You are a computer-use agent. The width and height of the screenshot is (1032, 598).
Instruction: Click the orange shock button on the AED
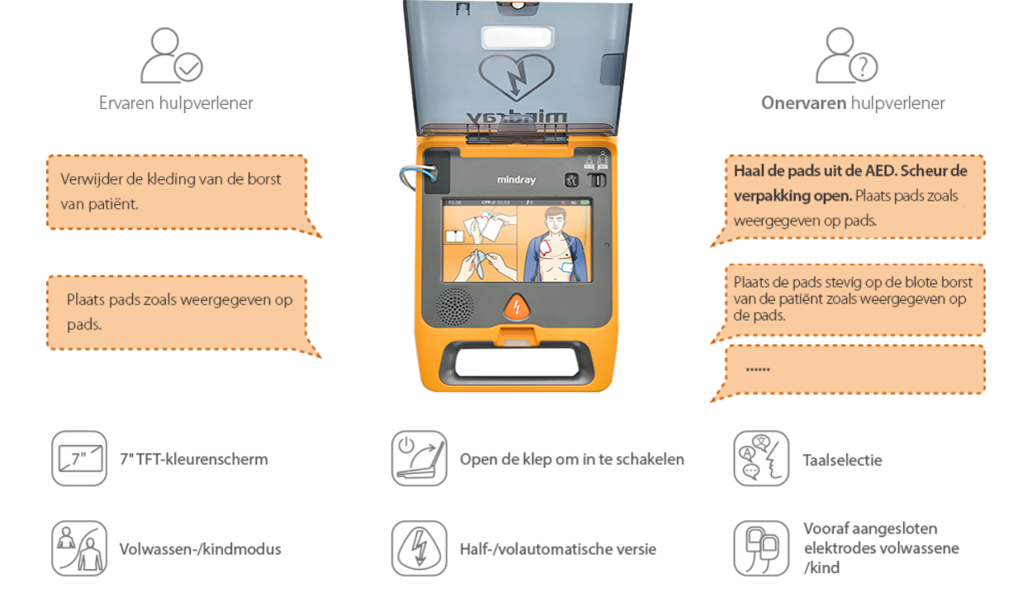[x=516, y=307]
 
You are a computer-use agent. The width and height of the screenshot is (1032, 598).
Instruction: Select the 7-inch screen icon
[x=79, y=458]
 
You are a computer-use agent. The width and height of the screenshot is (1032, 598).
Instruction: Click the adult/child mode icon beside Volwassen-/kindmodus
[x=79, y=548]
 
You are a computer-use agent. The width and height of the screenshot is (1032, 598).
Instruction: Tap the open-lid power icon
[x=419, y=458]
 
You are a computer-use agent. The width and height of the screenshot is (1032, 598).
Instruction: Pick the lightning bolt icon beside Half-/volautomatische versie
[x=419, y=548]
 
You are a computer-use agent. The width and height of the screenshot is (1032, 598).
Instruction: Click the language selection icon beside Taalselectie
[x=760, y=458]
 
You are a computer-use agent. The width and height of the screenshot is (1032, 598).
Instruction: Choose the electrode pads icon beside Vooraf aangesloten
[x=760, y=548]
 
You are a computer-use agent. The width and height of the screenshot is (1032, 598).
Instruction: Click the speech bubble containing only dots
[x=854, y=369]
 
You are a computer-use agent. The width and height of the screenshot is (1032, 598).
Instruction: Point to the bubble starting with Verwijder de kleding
[x=177, y=191]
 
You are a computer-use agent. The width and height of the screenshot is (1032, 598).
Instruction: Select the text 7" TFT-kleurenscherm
[x=194, y=459]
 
